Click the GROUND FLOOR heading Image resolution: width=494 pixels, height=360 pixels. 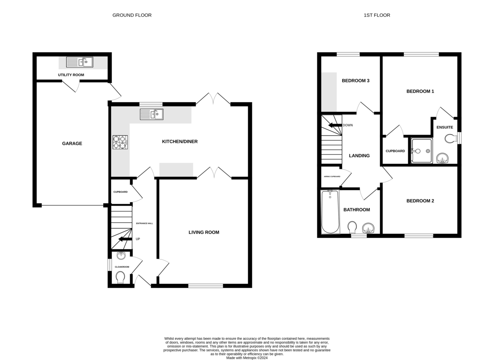tap(132, 15)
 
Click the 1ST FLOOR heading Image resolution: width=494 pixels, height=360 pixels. tap(377, 15)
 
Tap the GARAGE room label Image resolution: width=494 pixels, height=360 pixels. tap(72, 144)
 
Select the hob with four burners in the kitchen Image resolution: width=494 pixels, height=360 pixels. tap(120, 142)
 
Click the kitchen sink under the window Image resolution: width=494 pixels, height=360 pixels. tap(151, 114)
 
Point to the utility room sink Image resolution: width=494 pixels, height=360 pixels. tap(80, 62)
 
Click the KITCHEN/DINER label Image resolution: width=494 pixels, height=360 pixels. tap(179, 142)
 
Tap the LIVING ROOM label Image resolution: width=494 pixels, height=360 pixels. tap(204, 232)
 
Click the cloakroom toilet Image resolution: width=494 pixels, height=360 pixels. tap(121, 278)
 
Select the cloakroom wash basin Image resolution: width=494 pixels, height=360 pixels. tap(121, 256)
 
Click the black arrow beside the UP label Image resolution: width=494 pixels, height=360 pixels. tap(124, 239)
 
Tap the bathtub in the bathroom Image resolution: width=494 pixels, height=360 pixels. tap(330, 211)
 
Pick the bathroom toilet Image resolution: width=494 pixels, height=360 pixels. tap(352, 227)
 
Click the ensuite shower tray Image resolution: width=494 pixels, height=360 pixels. tap(421, 151)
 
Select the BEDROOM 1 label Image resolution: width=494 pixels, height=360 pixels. tap(420, 91)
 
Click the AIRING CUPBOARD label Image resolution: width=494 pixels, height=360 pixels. tap(332, 176)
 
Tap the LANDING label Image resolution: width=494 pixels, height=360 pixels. tap(359, 156)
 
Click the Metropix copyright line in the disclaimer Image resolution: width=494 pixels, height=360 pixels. tap(247, 358)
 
